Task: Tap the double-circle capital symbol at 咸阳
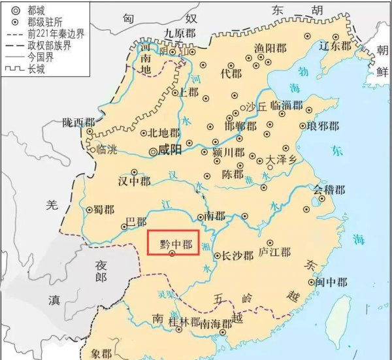point(154,152)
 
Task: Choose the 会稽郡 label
point(328,189)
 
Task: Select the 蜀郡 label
point(105,210)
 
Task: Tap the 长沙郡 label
point(238,255)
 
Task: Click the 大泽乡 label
point(282,159)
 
